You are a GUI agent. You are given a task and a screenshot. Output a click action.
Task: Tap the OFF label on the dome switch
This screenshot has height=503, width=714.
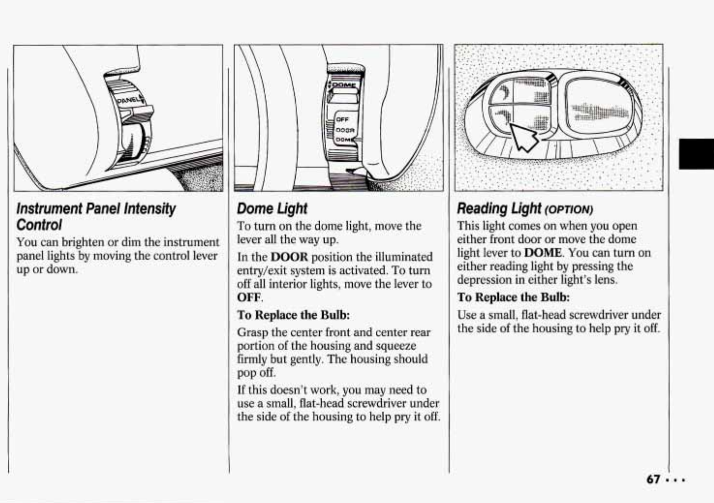point(342,119)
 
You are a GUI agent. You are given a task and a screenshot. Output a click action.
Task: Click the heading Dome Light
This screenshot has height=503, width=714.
point(272,208)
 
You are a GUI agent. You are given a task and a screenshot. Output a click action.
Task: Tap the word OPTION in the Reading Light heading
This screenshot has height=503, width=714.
point(568,210)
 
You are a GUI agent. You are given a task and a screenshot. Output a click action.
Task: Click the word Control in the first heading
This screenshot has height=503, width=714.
point(39,225)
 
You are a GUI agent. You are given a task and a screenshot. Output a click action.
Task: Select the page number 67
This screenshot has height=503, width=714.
point(653,479)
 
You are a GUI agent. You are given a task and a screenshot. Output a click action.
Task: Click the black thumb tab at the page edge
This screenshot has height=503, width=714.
point(696,153)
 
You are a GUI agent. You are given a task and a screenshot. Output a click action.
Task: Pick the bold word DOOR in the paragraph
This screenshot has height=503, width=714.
point(289,257)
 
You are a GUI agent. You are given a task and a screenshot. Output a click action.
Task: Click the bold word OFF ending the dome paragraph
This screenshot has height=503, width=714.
point(249,297)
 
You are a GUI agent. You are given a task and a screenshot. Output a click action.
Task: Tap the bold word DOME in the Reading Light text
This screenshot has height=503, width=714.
point(543,253)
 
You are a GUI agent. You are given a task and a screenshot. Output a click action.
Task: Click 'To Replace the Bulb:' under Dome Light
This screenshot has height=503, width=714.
point(293,315)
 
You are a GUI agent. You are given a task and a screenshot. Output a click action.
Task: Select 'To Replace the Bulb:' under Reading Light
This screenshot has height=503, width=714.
point(513,297)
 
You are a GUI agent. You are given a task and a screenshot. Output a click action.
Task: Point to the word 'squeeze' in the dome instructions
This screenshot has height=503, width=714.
point(396,346)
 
